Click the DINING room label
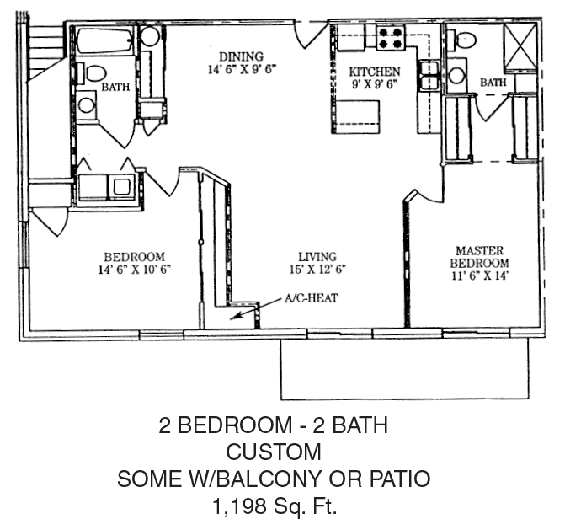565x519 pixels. pos(242,56)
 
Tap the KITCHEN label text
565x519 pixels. pos(375,72)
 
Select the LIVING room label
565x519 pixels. pos(317,257)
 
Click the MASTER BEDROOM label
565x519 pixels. pos(480,256)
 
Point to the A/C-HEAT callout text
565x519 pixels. pos(312,298)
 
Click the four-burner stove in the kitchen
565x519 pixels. pos(391,38)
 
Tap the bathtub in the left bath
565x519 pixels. pos(105,40)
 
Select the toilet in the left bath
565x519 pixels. pos(92,73)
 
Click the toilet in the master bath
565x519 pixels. pos(462,39)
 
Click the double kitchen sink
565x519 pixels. pos(429,75)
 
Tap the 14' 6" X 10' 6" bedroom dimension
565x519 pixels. pos(135,270)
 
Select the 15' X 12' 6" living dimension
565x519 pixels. pos(317,270)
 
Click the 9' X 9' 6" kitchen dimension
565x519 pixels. pos(375,84)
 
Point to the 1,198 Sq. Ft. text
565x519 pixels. pos(275,506)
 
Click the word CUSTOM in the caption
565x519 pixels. pos(274,452)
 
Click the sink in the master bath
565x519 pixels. pos(456,75)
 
